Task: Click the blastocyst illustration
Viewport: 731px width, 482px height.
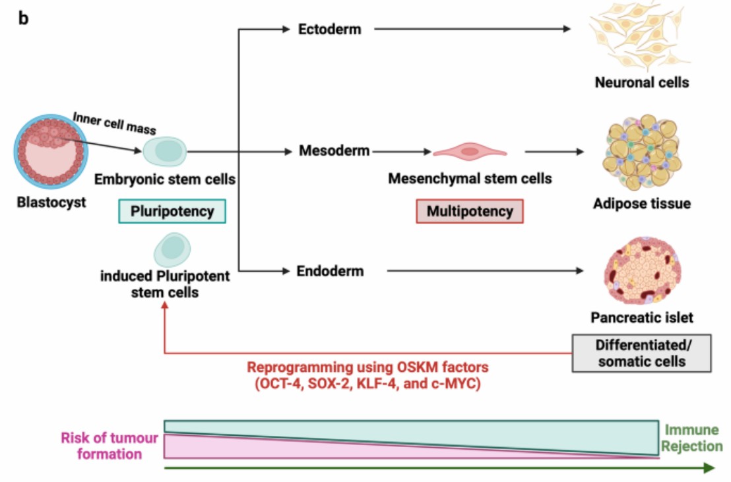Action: point(49,153)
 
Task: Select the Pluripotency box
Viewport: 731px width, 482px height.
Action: point(172,212)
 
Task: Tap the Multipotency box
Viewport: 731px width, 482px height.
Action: point(469,212)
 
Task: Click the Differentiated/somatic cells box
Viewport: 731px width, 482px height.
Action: point(641,353)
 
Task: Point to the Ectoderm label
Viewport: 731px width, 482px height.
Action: point(329,29)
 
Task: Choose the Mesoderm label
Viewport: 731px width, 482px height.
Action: point(334,152)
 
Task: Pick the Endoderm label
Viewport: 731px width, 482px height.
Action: point(330,271)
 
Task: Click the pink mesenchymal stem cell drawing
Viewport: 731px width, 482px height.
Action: point(469,152)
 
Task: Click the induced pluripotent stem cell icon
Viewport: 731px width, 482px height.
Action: point(172,250)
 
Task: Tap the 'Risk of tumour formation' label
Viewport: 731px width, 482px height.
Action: point(110,446)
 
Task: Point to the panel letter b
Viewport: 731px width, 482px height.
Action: point(23,18)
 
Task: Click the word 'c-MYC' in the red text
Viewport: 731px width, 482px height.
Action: point(455,384)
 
